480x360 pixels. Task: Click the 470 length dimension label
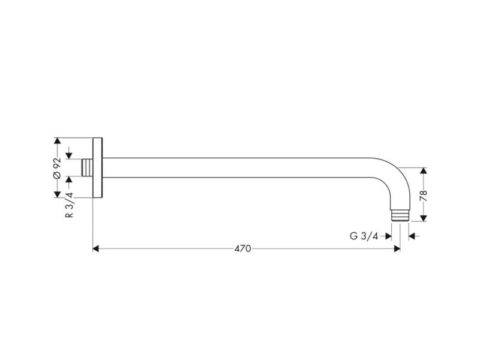tap(242, 248)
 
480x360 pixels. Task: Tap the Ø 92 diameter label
tap(57, 168)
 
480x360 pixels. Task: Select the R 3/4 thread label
tap(70, 205)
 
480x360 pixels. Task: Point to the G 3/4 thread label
tap(364, 236)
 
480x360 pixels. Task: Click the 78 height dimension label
tap(424, 196)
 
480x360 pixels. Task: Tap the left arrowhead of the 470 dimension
tap(95, 248)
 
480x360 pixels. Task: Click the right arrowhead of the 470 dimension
tap(397, 248)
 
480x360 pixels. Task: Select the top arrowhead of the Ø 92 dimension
tap(57, 141)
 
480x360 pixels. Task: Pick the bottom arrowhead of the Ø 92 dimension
tap(57, 194)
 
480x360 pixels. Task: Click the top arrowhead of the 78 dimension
tap(424, 171)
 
